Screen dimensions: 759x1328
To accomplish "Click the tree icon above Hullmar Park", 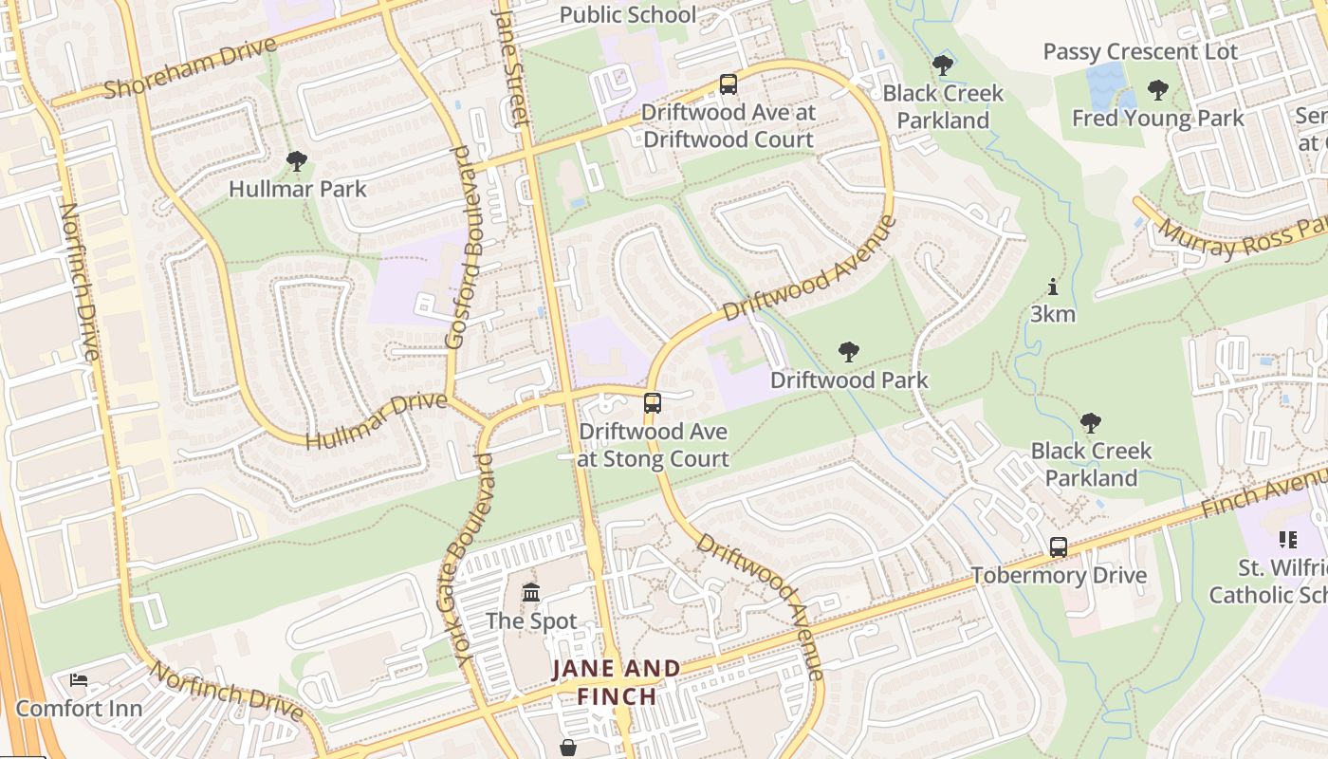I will pos(297,161).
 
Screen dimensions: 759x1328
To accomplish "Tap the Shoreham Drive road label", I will pos(190,68).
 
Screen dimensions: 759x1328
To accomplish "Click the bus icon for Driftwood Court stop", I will pos(728,84).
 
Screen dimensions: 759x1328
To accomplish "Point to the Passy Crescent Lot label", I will pos(1140,51).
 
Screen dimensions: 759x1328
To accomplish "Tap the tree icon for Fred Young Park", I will pos(1157,90).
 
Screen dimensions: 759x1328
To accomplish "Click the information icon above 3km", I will pos(1052,287).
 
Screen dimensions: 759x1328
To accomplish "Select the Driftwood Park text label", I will pos(849,379).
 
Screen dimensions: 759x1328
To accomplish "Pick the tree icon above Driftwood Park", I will pos(849,352).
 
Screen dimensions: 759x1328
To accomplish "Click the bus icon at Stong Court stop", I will pos(653,403).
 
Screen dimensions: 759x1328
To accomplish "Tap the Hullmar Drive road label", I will pos(376,419).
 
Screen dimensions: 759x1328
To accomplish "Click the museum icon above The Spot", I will pos(531,593).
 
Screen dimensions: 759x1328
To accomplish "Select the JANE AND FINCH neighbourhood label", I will pos(617,682).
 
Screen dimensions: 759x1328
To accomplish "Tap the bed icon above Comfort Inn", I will pos(79,680).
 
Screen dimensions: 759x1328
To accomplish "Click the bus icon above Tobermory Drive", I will pos(1059,547).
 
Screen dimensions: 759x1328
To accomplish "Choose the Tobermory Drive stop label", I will pos(1059,575).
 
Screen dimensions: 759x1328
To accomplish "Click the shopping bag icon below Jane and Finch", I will pos(568,748).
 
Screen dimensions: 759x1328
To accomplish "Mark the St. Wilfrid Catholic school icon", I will pos(1287,540).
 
